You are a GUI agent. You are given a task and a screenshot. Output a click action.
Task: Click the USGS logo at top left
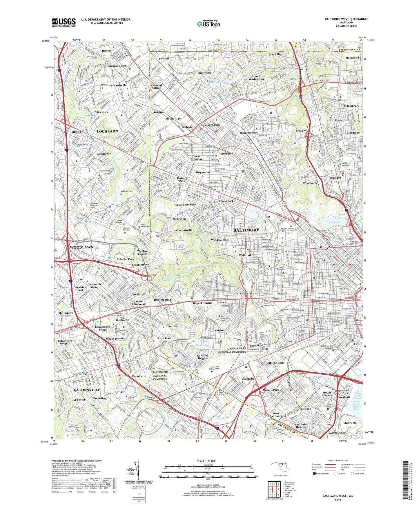pos(64,22)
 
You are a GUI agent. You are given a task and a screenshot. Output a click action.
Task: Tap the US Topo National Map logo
pos(208,24)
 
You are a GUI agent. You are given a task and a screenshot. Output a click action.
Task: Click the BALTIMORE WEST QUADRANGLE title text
pos(346,19)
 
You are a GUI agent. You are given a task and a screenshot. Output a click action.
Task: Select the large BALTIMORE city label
pos(246,230)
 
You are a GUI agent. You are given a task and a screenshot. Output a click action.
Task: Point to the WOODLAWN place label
pos(82,247)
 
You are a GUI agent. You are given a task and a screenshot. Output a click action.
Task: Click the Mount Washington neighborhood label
pos(256,77)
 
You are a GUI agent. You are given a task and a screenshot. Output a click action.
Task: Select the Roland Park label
pos(351,106)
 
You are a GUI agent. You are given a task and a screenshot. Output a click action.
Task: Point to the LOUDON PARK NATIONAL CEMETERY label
pos(233,350)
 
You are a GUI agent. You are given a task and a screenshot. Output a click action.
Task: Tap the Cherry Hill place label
pos(350,423)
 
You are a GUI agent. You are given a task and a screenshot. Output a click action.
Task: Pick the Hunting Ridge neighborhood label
pos(163,300)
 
